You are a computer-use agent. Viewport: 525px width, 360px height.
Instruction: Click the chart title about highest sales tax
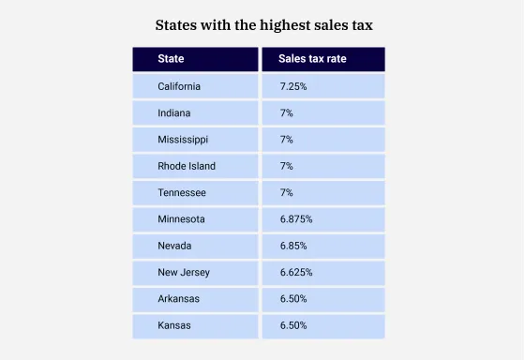pyautogui.click(x=263, y=25)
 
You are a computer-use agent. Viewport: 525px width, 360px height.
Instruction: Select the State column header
pyautogui.click(x=171, y=59)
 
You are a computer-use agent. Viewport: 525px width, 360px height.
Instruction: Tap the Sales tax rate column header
pyautogui.click(x=312, y=59)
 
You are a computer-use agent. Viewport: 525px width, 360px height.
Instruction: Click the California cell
pyautogui.click(x=179, y=86)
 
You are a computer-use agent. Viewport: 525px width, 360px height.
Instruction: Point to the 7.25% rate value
pyautogui.click(x=293, y=86)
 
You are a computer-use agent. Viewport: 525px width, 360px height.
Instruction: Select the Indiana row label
pyautogui.click(x=174, y=112)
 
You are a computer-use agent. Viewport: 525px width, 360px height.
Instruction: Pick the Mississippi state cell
pyautogui.click(x=183, y=140)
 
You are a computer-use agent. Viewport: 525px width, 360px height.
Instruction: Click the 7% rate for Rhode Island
pyautogui.click(x=287, y=166)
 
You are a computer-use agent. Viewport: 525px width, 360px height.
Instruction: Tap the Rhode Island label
pyautogui.click(x=187, y=166)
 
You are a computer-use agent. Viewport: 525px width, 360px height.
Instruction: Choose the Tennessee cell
pyautogui.click(x=182, y=192)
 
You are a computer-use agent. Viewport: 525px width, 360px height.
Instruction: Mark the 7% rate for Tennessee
pyautogui.click(x=287, y=192)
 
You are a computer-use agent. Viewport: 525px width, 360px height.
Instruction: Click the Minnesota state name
pyautogui.click(x=182, y=219)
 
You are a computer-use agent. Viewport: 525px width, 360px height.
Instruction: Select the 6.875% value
pyautogui.click(x=296, y=219)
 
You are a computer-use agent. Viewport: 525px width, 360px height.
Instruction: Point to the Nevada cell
pyautogui.click(x=175, y=246)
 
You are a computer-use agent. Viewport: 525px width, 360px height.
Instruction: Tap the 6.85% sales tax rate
pyautogui.click(x=293, y=246)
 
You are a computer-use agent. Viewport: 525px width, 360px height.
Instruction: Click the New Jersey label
pyautogui.click(x=184, y=273)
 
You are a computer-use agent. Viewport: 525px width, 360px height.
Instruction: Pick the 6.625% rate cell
pyautogui.click(x=296, y=273)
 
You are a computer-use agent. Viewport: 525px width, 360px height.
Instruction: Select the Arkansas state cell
pyautogui.click(x=179, y=299)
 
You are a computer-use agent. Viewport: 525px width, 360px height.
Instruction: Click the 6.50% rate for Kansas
pyautogui.click(x=293, y=325)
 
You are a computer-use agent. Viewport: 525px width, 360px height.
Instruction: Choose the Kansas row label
pyautogui.click(x=174, y=325)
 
